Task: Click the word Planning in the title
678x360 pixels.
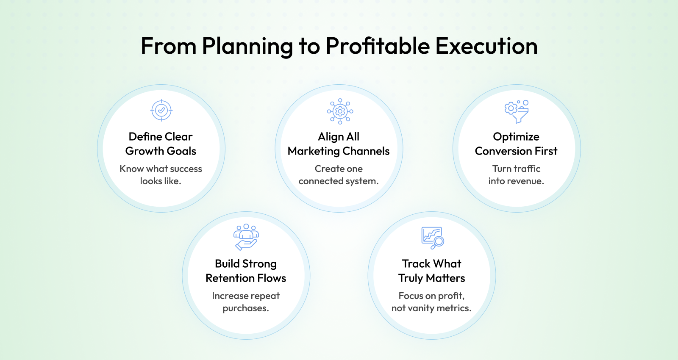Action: tap(247, 47)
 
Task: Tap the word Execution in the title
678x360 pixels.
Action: tap(486, 46)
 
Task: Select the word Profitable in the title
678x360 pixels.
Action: tap(378, 46)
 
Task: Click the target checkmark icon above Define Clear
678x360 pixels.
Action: tap(161, 111)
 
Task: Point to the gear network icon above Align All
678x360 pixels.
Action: tap(340, 111)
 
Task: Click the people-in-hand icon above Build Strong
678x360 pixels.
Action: tap(246, 237)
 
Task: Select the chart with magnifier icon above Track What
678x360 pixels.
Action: tap(433, 238)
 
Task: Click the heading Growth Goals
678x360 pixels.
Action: tap(161, 151)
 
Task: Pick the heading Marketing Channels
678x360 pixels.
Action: tap(339, 151)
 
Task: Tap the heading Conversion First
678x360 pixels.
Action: tap(516, 151)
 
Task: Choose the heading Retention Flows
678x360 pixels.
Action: tap(246, 278)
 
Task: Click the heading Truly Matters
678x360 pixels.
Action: tap(432, 278)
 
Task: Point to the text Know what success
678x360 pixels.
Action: tap(161, 169)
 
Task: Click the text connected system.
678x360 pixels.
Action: tap(339, 181)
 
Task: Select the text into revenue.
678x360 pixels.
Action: tap(516, 181)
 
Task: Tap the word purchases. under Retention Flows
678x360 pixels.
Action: tap(246, 308)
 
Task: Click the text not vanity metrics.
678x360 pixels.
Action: tap(431, 308)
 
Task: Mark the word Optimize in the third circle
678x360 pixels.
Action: tap(516, 137)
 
